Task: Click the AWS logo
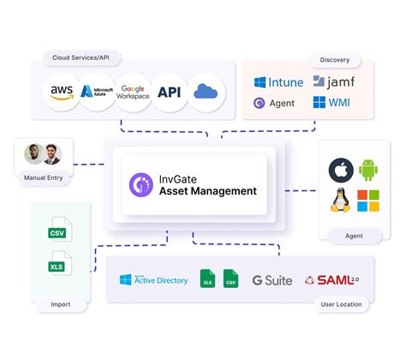coord(62,92)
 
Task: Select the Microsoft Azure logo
coord(98,92)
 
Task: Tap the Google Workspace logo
coord(134,92)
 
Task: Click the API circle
coord(170,92)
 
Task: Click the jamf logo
coord(332,82)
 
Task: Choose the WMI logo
coord(331,104)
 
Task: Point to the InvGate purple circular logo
coord(140,184)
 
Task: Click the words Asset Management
coord(207,190)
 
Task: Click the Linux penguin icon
coord(342,201)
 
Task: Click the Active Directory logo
coord(154,279)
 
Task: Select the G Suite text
coord(272,280)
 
